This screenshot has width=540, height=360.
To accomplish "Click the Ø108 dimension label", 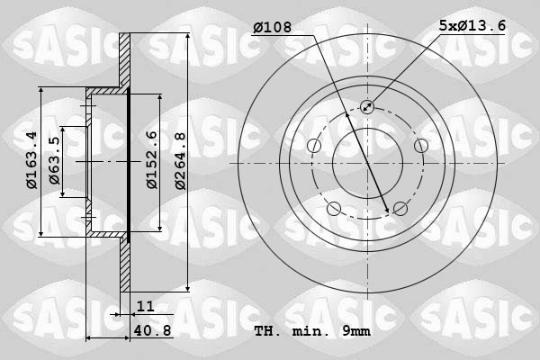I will (x=271, y=27).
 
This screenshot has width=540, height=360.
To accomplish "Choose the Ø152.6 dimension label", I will (x=152, y=159).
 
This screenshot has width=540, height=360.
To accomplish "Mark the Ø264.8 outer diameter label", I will (x=180, y=160).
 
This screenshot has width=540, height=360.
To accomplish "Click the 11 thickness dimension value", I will (x=146, y=306).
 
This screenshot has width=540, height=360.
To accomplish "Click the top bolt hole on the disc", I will (x=367, y=107).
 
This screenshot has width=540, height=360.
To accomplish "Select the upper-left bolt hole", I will (x=314, y=147).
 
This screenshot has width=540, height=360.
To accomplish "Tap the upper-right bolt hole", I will (x=420, y=146).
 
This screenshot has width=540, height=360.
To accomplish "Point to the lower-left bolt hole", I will (x=334, y=209).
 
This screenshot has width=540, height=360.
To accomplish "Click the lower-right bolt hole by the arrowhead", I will (x=400, y=209).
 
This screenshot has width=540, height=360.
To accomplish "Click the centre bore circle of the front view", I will (x=367, y=163).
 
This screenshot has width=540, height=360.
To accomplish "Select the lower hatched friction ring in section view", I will (x=125, y=265).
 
